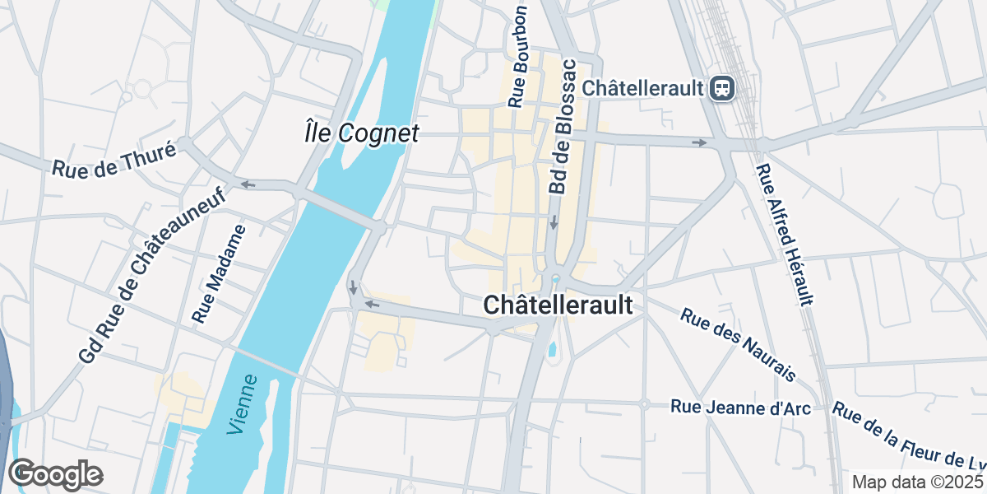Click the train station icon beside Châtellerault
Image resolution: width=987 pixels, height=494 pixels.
[723, 87]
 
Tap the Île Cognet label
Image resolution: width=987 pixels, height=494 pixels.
[362, 133]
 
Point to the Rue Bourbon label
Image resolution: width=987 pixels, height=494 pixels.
[517, 58]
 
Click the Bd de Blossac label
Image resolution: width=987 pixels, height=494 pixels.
[562, 127]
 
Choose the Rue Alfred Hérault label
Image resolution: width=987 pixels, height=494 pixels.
[786, 235]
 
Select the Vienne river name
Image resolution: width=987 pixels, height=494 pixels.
[243, 404]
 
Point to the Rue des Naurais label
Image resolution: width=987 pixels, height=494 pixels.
[739, 344]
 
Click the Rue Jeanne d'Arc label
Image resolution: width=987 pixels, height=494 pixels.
[741, 408]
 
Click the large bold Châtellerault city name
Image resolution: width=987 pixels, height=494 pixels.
[558, 305]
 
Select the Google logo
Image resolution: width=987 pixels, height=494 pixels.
[55, 475]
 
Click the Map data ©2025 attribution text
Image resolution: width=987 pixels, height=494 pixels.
[917, 482]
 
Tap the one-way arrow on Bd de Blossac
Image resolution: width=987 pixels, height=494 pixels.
[554, 222]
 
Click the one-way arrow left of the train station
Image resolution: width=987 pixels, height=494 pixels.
[700, 143]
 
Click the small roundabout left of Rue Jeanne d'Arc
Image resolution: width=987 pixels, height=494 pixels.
[645, 403]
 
